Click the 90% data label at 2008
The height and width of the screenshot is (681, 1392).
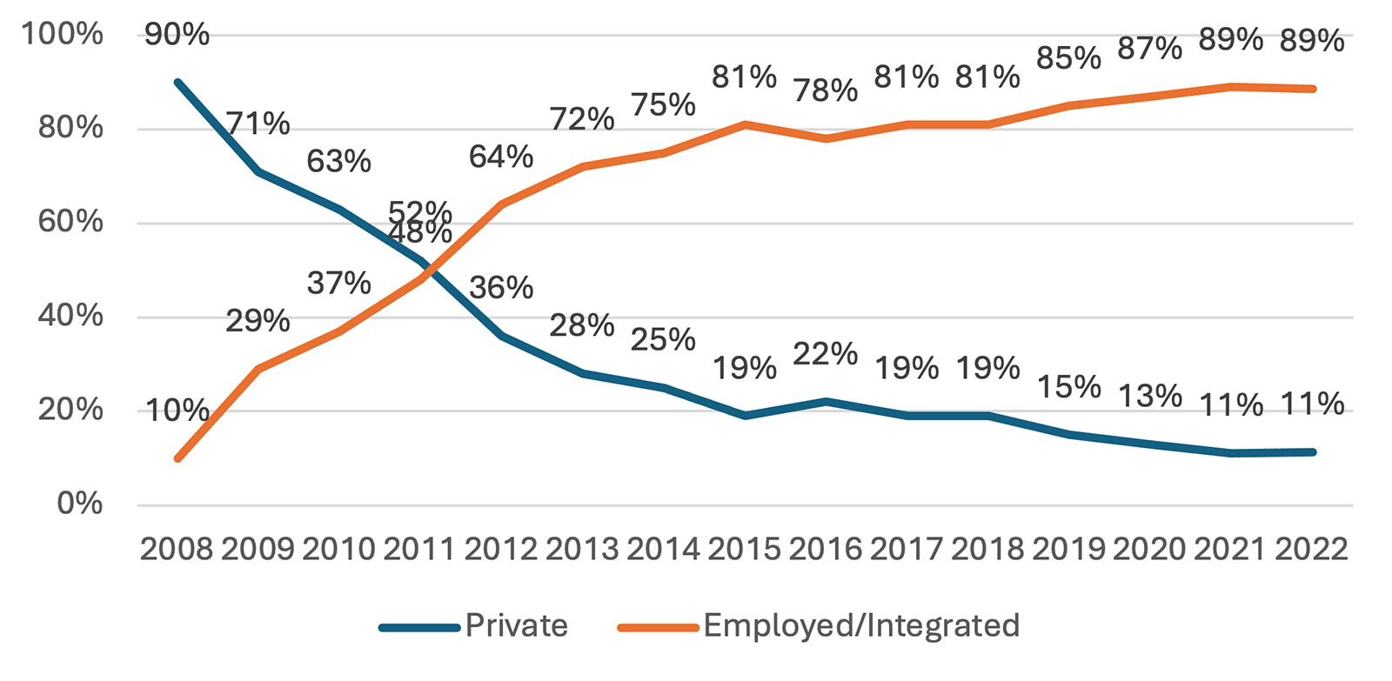(x=177, y=35)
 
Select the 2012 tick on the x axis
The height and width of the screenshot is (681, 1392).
(x=501, y=549)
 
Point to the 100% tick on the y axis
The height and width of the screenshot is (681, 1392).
(x=62, y=35)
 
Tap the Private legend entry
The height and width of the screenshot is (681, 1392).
(x=516, y=625)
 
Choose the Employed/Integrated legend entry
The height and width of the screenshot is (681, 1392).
(x=860, y=625)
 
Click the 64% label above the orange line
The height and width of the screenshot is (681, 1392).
(x=501, y=157)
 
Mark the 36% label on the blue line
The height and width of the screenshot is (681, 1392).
(x=501, y=287)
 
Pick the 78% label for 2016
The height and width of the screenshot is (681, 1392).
(x=825, y=90)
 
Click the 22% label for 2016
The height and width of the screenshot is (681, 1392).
(x=825, y=354)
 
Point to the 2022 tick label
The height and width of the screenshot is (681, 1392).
(x=1312, y=549)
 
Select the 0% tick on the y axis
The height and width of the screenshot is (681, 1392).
(x=79, y=504)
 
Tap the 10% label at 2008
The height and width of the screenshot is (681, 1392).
(x=177, y=411)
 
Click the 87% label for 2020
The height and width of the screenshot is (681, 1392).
(x=1149, y=49)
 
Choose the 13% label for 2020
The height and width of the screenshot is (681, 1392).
(x=1149, y=397)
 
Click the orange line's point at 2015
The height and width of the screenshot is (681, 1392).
(x=746, y=124)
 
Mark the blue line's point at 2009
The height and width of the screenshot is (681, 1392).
(x=258, y=171)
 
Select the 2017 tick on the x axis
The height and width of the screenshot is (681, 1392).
(x=907, y=549)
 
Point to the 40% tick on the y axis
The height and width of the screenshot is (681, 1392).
(x=70, y=316)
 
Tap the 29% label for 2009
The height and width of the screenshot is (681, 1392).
(x=258, y=321)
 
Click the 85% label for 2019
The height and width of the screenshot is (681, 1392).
(x=1068, y=58)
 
